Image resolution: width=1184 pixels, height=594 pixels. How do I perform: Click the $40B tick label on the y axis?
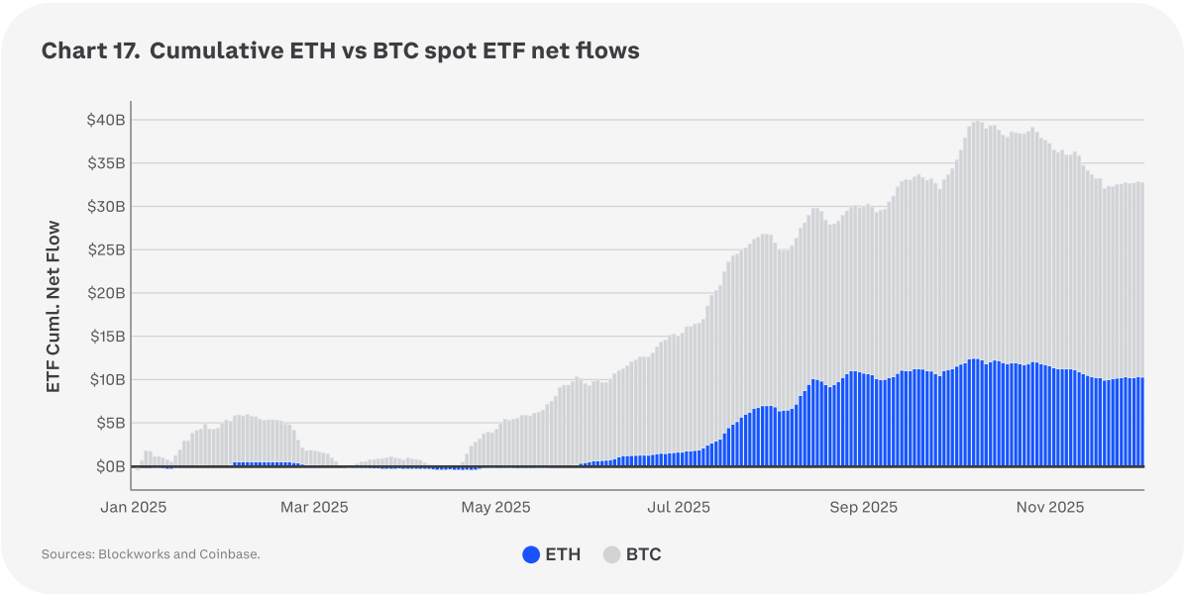pyautogui.click(x=104, y=120)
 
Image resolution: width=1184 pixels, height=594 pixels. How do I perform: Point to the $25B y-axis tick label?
pyautogui.click(x=104, y=249)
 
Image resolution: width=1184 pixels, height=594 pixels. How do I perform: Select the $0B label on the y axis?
pyautogui.click(x=108, y=466)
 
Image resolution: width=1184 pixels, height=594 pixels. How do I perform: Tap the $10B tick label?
pyautogui.click(x=104, y=379)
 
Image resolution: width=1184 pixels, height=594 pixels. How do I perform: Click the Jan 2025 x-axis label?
pyautogui.click(x=133, y=507)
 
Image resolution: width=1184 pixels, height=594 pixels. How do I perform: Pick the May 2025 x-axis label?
pyautogui.click(x=497, y=507)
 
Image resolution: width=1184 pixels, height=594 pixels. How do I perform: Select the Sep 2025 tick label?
pyautogui.click(x=863, y=507)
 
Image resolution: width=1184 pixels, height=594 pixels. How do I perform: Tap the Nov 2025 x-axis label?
pyautogui.click(x=1050, y=507)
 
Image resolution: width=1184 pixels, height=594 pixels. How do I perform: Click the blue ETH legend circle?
pyautogui.click(x=532, y=554)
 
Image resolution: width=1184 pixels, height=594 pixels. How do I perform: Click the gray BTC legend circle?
pyautogui.click(x=612, y=554)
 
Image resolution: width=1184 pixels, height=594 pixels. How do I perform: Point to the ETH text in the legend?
pyautogui.click(x=563, y=554)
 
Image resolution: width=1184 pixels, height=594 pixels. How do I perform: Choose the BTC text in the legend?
pyautogui.click(x=644, y=554)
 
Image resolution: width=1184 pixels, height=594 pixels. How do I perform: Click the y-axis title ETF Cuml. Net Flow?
pyautogui.click(x=54, y=307)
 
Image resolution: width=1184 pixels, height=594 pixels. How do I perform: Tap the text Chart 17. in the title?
pyautogui.click(x=87, y=51)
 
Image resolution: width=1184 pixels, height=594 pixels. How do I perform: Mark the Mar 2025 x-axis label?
pyautogui.click(x=314, y=507)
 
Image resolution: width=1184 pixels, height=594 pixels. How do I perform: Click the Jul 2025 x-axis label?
pyautogui.click(x=679, y=507)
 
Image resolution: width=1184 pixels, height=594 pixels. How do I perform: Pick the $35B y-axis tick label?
pyautogui.click(x=104, y=163)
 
